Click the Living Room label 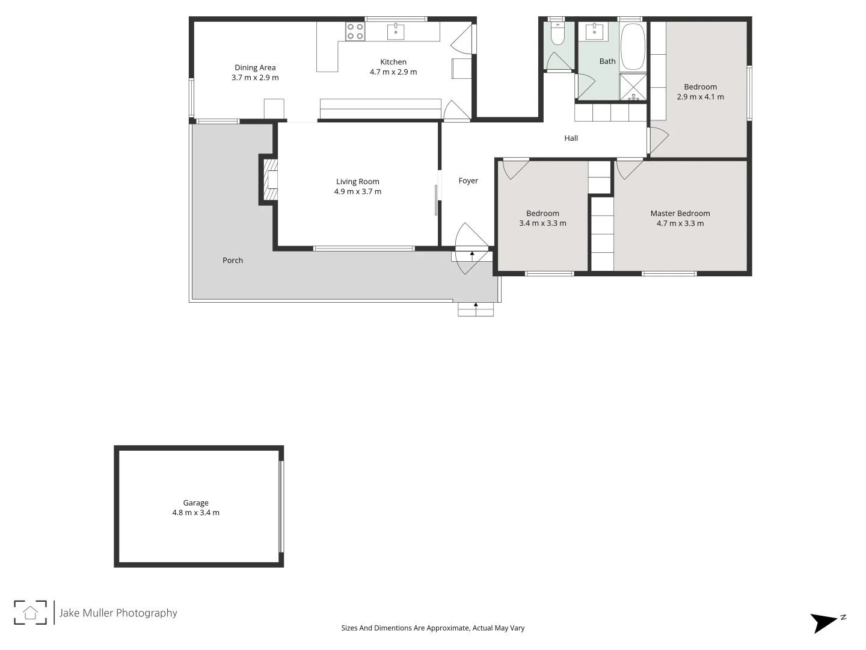click(x=357, y=181)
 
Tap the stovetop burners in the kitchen click(x=355, y=31)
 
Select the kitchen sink click(x=395, y=31)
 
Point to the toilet click(x=557, y=34)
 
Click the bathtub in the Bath click(x=632, y=46)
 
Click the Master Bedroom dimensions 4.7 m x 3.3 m click(x=680, y=223)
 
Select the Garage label click(x=195, y=503)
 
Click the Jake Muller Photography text click(x=118, y=613)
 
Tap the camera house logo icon click(x=30, y=613)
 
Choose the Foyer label click(x=468, y=181)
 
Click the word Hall click(x=571, y=138)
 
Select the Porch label click(x=233, y=260)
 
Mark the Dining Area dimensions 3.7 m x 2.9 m click(x=255, y=78)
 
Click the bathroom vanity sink click(x=594, y=31)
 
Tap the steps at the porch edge click(x=476, y=309)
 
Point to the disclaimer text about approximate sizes click(x=432, y=628)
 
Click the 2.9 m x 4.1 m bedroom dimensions click(x=700, y=97)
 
